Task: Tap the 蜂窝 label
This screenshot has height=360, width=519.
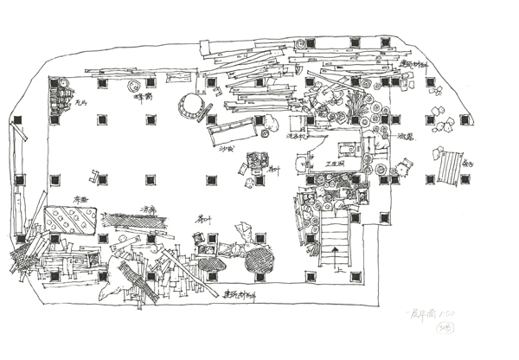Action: point(144,98)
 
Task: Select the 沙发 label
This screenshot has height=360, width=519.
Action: point(227,148)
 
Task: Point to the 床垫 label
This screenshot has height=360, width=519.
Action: point(81,199)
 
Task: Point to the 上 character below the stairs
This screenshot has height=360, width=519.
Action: point(354,278)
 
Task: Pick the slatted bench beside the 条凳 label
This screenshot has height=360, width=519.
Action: point(448,167)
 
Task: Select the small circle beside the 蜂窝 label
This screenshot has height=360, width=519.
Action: point(134,87)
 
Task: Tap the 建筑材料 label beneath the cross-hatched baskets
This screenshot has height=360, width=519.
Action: point(240,294)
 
